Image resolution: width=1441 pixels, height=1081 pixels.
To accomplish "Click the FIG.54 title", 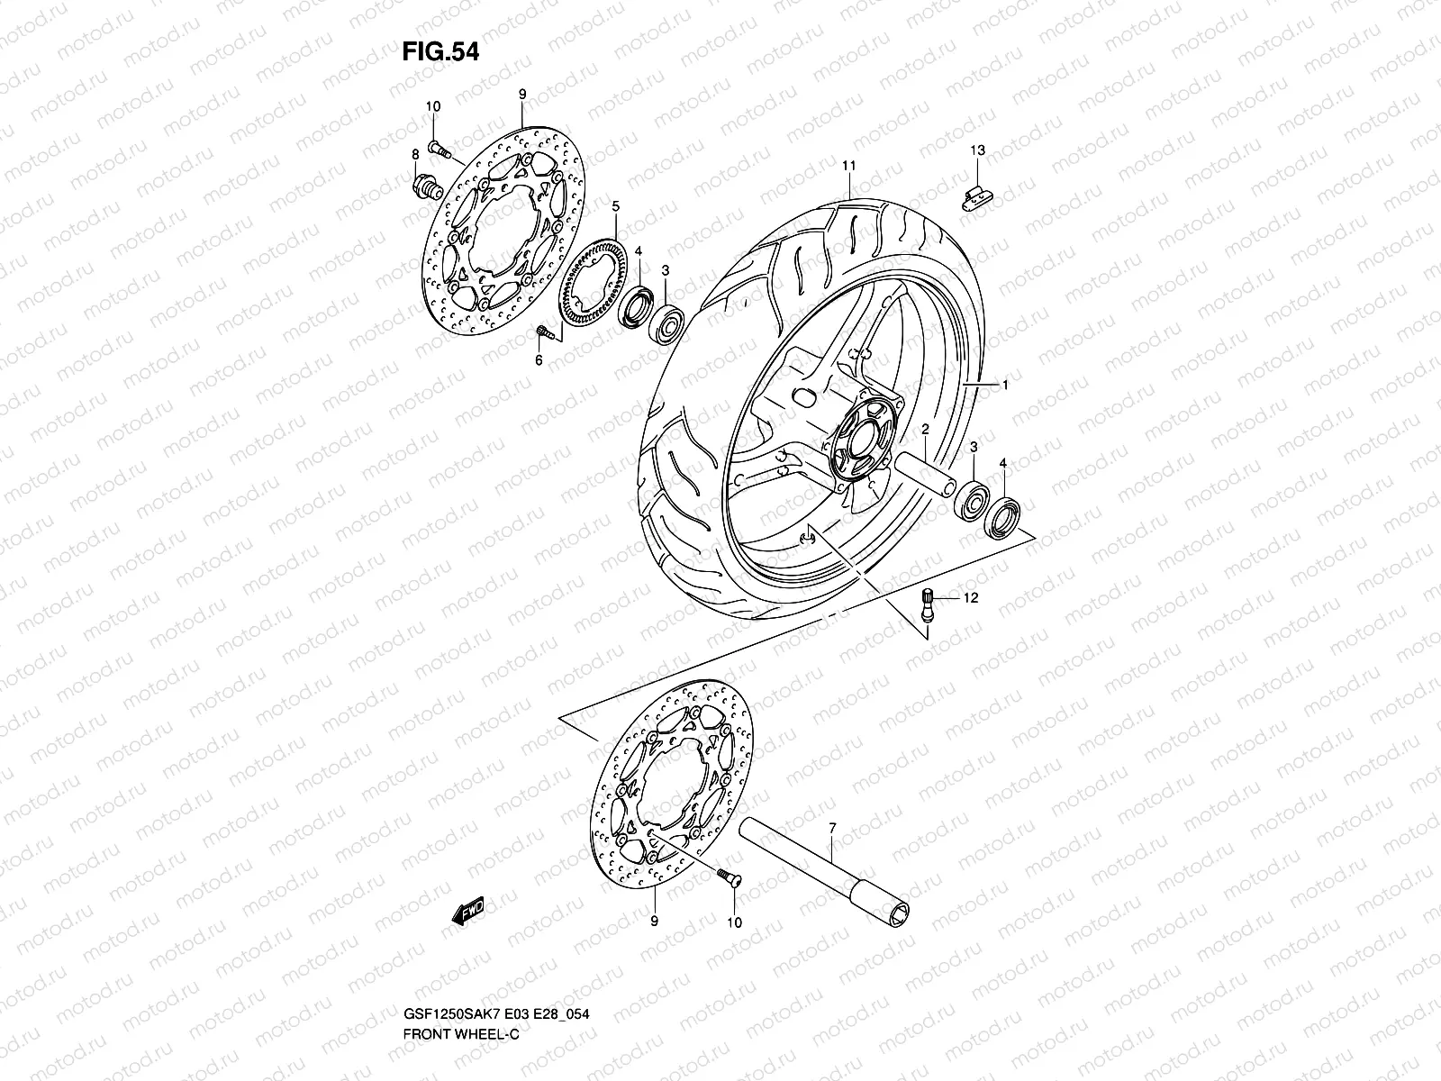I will pos(440,51).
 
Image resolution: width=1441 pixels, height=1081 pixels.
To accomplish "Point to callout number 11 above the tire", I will pos(848,166).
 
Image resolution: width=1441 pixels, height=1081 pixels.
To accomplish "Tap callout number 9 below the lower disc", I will pos(654,921).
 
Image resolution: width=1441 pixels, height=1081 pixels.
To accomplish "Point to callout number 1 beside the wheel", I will pos(1004,385).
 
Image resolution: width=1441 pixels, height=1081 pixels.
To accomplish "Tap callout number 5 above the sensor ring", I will pos(615,206).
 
